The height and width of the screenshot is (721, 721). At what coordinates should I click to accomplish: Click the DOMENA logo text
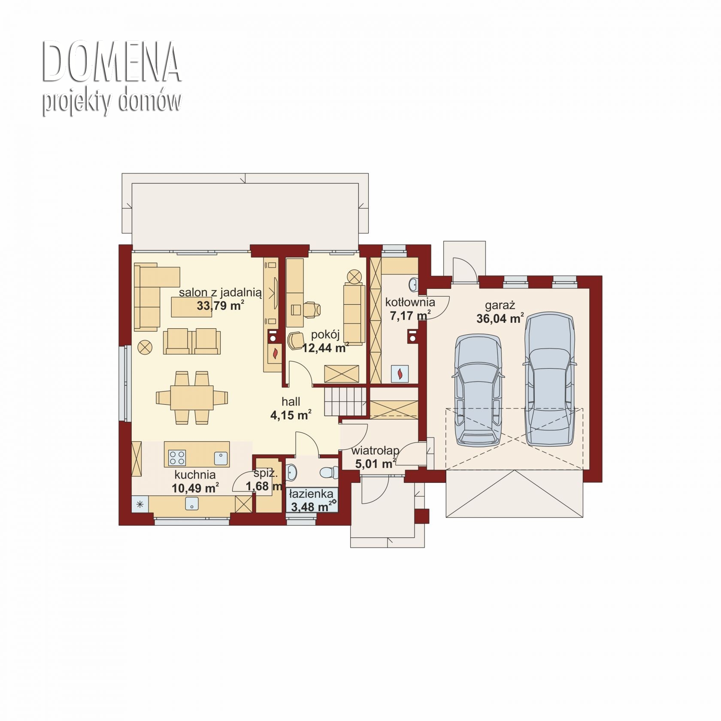point(112,62)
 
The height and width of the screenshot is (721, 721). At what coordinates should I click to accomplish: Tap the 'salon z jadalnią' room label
point(220,293)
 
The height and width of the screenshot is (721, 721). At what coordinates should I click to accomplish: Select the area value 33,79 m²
point(221,306)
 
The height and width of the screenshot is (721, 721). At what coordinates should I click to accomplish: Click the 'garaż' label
point(500,306)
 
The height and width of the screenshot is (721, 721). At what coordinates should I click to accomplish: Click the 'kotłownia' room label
point(410,302)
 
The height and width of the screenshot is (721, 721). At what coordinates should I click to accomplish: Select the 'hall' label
point(291,402)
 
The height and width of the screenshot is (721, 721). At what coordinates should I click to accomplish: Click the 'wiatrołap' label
point(375,451)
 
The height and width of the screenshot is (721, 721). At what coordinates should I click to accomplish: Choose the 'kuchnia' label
point(195,475)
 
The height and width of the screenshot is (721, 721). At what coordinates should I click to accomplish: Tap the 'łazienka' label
point(311,494)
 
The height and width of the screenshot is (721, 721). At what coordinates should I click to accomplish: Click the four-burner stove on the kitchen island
point(177,457)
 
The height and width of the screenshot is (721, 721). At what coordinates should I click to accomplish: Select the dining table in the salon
point(192,397)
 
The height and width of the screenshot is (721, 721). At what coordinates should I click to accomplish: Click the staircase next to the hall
point(345,402)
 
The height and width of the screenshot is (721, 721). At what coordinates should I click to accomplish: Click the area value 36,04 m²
point(500,318)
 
